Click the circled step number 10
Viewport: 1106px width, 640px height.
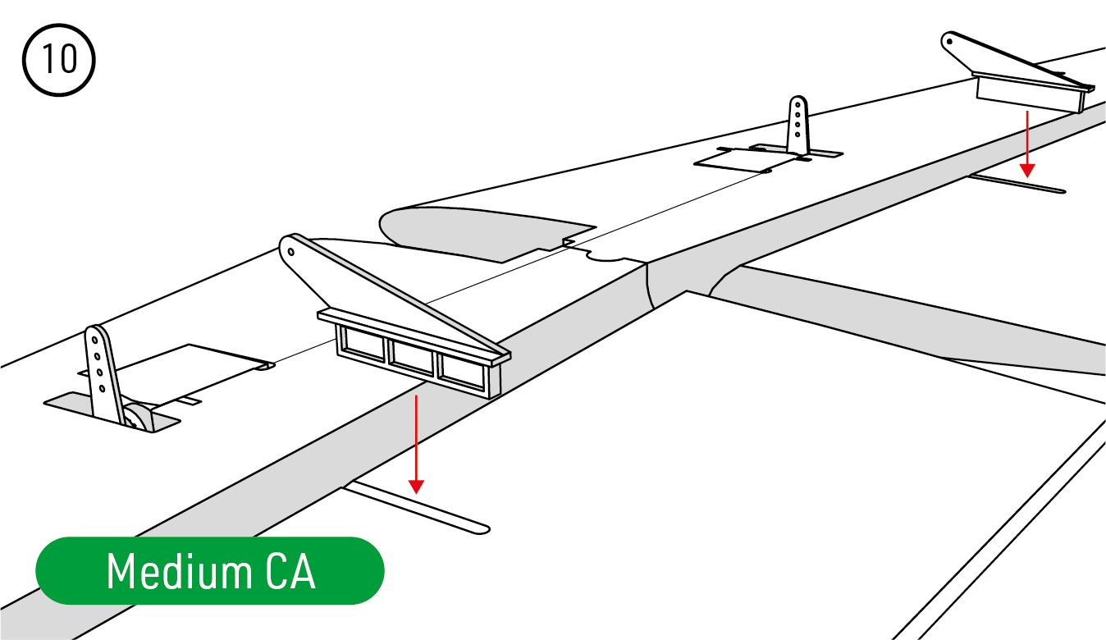pyautogui.click(x=59, y=60)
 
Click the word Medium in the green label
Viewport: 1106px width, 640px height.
pyautogui.click(x=179, y=571)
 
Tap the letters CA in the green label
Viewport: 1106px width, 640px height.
pyautogui.click(x=290, y=571)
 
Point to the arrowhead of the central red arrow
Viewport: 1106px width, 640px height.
pyautogui.click(x=416, y=487)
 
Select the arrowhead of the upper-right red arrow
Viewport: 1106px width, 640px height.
pyautogui.click(x=1027, y=171)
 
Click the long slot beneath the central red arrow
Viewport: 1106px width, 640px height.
pyautogui.click(x=418, y=509)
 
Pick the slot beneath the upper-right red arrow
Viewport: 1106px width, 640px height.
pyautogui.click(x=1017, y=183)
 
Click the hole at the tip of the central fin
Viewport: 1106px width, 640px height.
pyautogui.click(x=290, y=253)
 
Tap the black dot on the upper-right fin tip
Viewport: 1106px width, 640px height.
pyautogui.click(x=949, y=42)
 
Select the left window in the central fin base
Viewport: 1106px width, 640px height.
pyautogui.click(x=364, y=343)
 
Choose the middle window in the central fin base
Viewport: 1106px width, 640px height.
pyautogui.click(x=413, y=358)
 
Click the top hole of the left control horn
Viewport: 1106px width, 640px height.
pyautogui.click(x=94, y=341)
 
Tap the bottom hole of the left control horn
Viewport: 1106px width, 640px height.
pyautogui.click(x=103, y=389)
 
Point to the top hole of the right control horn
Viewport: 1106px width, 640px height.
pyautogui.click(x=798, y=105)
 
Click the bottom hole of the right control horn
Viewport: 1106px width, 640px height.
pyautogui.click(x=798, y=134)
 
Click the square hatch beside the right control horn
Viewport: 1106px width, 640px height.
pyautogui.click(x=741, y=160)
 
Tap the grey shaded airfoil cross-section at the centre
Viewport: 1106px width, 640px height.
pyautogui.click(x=487, y=233)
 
